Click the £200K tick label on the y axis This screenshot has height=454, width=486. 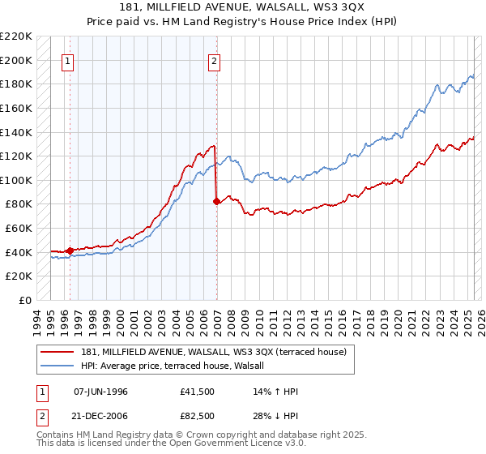coord(16,60)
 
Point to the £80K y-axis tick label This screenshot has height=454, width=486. coord(19,204)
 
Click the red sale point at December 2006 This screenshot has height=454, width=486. coord(216,202)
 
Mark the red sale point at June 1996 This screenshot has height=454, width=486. coord(70,251)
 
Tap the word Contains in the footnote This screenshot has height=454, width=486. coord(56,435)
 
